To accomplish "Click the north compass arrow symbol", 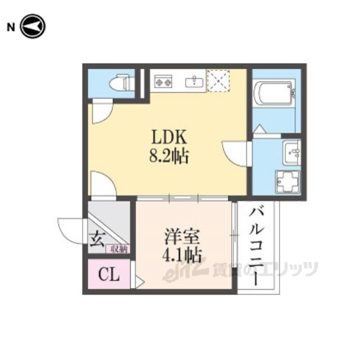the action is coord(33,26).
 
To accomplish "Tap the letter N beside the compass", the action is coord(11,28).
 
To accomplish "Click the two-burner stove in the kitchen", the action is coord(163,81).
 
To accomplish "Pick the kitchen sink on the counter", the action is coord(195,82).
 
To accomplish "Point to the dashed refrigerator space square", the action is coord(218,80).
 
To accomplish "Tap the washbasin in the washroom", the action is coord(291,152).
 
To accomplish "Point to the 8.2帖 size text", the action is coord(169,156).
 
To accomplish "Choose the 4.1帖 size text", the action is coord(182,255).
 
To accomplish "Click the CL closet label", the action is coord(109,274).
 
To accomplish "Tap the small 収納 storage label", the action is coord(119,249).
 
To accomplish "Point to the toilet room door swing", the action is coord(102,112).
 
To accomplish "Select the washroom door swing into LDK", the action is coord(236,154).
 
